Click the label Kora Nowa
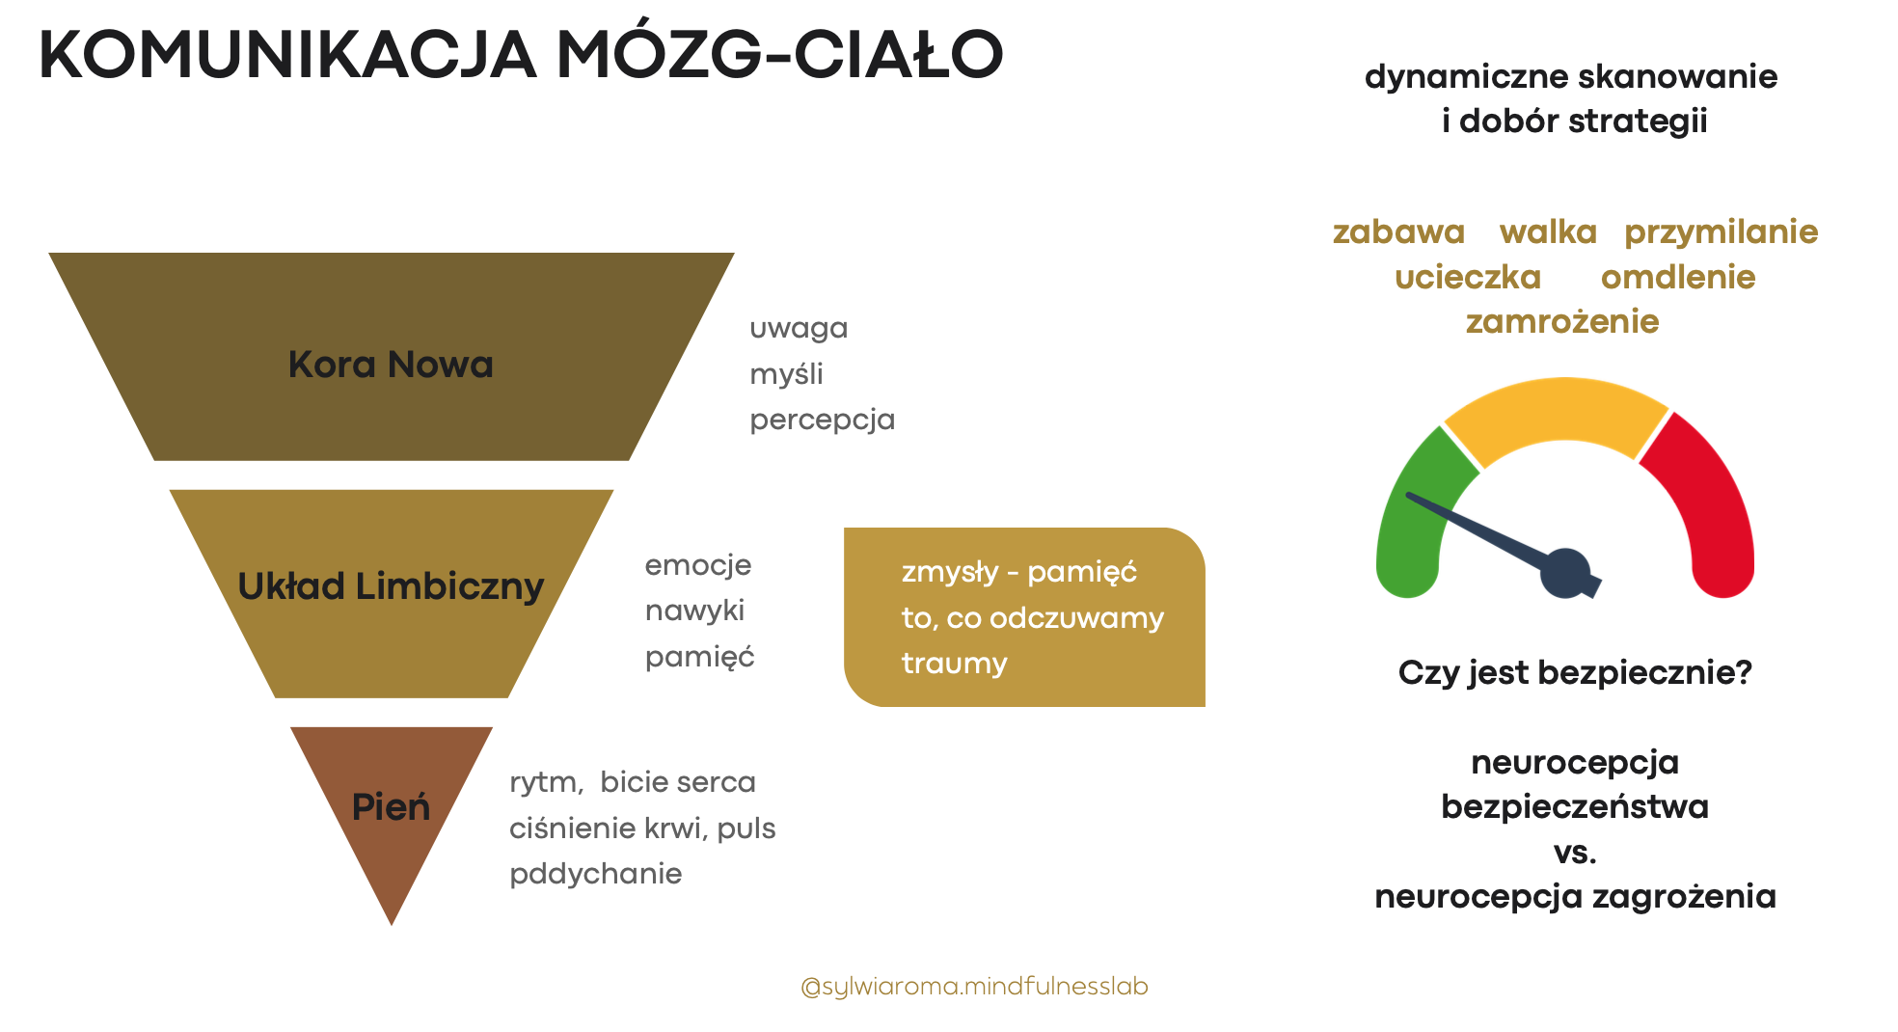tap(391, 365)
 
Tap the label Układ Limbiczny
tap(391, 586)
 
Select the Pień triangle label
tap(391, 806)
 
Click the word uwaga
tap(799, 329)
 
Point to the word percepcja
tap(823, 420)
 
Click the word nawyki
tap(694, 611)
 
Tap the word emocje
tap(697, 565)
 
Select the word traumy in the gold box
tap(954, 664)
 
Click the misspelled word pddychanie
tap(595, 874)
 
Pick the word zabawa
tap(1398, 231)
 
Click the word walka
tap(1548, 231)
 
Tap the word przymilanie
tap(1721, 232)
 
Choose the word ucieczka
tap(1468, 277)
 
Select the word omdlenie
tap(1678, 277)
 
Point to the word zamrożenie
tap(1562, 321)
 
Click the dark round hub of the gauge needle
tap(1564, 573)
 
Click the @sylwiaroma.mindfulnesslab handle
tap(974, 987)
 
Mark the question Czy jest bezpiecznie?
tap(1575, 672)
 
